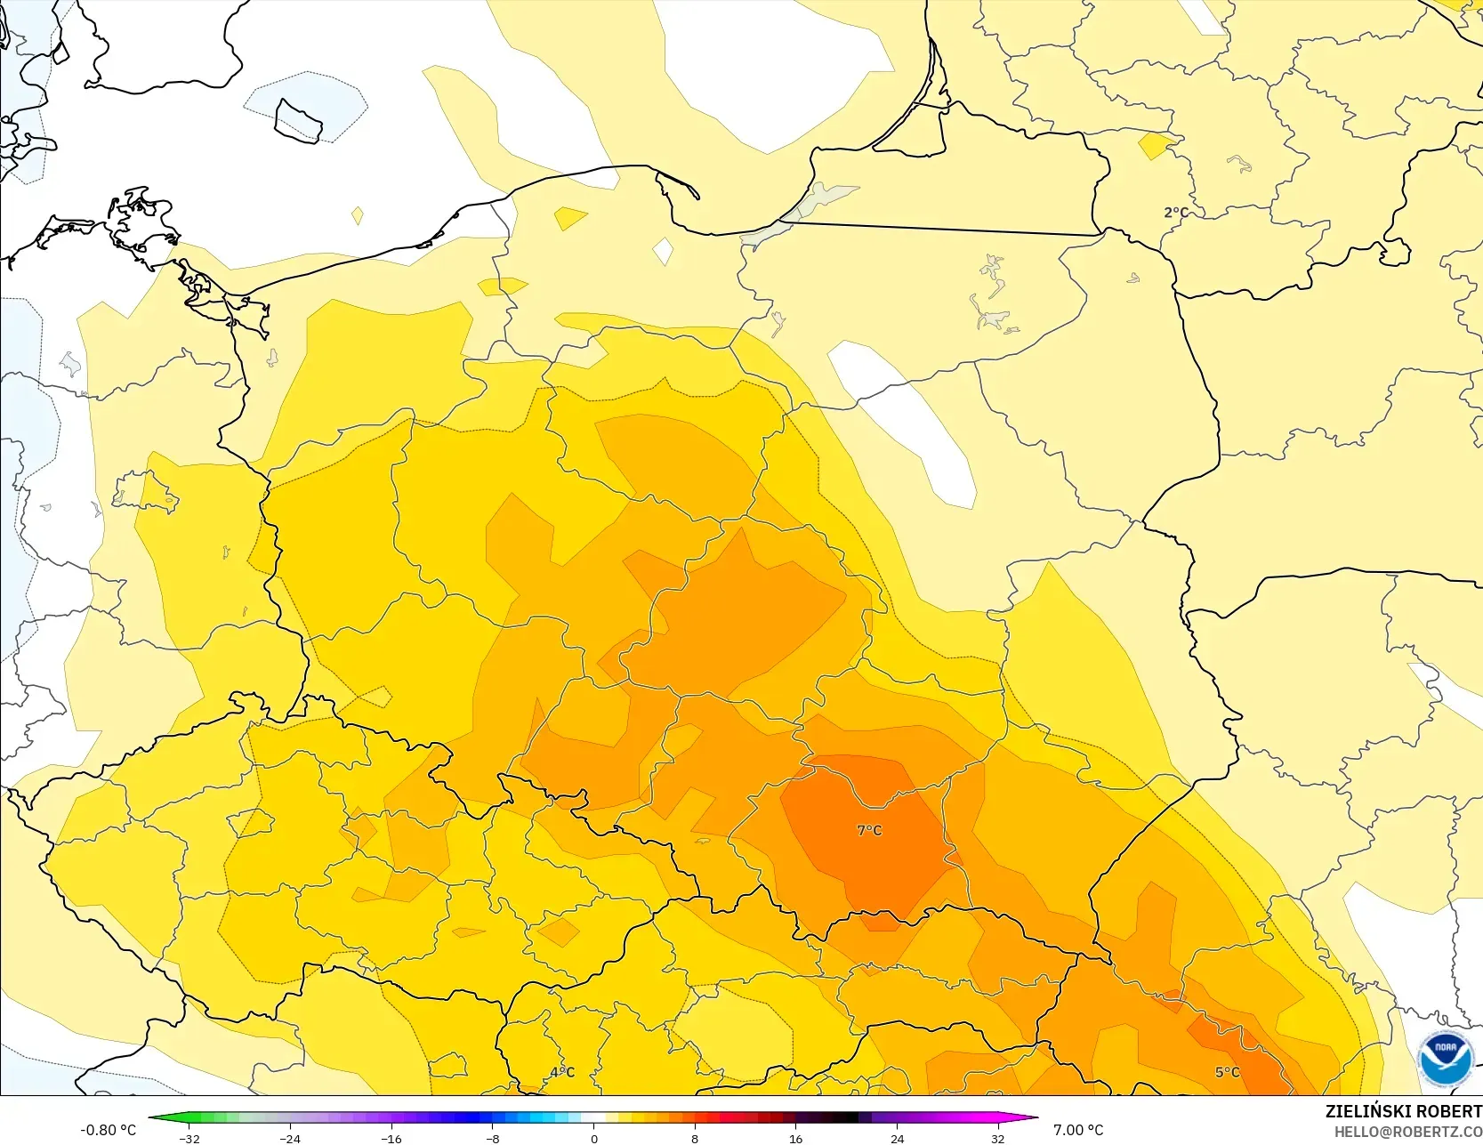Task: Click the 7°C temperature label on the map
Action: point(869,830)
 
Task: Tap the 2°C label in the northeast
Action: point(1175,213)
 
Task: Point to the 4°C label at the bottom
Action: point(562,1072)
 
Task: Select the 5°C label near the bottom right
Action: point(1227,1072)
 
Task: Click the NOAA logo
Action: point(1445,1058)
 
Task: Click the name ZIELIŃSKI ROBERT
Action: point(1403,1112)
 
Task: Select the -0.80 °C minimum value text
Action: point(109,1130)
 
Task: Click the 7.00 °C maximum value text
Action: point(1078,1130)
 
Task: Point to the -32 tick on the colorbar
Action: point(189,1139)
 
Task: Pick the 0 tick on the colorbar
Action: point(594,1139)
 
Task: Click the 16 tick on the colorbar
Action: point(796,1139)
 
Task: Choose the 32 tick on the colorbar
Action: point(998,1139)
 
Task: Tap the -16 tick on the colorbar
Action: point(391,1139)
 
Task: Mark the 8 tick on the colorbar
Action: point(695,1139)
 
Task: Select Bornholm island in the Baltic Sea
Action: point(298,119)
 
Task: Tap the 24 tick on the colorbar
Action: point(897,1139)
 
